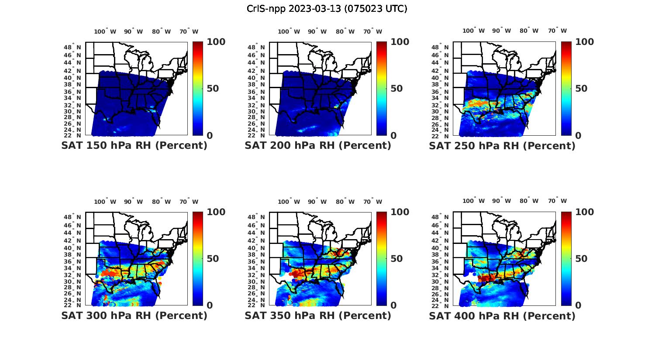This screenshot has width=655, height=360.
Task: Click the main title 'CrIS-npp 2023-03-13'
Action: coord(327,9)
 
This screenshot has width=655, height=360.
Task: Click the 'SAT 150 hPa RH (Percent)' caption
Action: coord(134,146)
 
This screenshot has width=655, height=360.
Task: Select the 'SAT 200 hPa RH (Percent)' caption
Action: coord(318,146)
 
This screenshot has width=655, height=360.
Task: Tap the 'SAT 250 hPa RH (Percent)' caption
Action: coord(502,146)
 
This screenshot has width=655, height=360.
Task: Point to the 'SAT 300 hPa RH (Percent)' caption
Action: coord(134,315)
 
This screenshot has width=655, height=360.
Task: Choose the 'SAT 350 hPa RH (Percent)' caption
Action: coord(318,315)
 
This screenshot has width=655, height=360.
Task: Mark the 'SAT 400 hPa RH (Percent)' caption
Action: coord(502,315)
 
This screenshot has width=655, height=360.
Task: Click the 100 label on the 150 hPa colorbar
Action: coord(216,42)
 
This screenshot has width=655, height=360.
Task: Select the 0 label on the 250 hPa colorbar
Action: coord(578,136)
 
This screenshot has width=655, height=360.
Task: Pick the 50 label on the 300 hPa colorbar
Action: coord(213,259)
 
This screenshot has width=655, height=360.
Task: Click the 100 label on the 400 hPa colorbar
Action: coord(585,212)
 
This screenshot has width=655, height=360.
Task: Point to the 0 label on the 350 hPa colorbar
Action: coord(393,305)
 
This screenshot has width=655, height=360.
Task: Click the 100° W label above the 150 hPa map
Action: coord(105,31)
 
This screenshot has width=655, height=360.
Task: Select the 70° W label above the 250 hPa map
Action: coord(558,31)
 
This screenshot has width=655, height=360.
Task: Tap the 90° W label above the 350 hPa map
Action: coord(317,202)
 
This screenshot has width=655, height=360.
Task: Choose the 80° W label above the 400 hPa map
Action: coord(529,201)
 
